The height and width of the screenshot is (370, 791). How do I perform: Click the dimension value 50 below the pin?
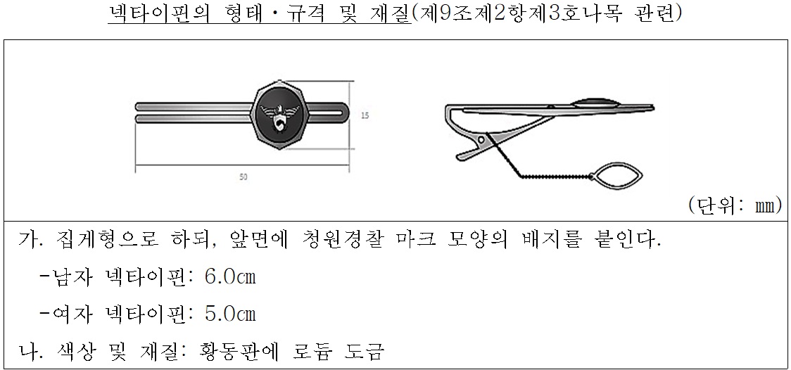pos(243,177)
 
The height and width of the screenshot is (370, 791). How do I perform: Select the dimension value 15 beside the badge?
pos(365,116)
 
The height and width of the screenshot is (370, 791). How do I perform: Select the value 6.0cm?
pos(229,276)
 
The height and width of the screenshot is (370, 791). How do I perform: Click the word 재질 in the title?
pos(385,14)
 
